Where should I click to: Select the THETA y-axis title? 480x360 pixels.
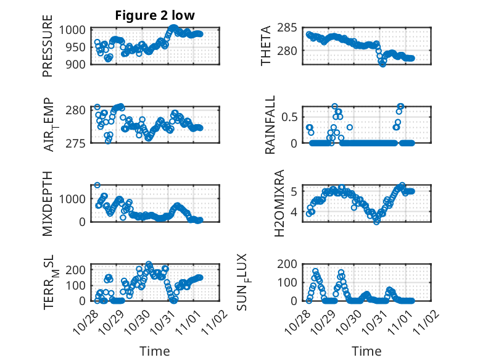click(x=265, y=46)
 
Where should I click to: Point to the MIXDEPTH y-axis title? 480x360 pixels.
click(x=48, y=203)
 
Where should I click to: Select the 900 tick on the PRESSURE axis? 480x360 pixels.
click(x=79, y=64)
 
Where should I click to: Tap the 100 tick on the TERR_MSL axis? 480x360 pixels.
click(x=79, y=285)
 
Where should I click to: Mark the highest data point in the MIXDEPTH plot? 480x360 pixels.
click(x=97, y=185)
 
